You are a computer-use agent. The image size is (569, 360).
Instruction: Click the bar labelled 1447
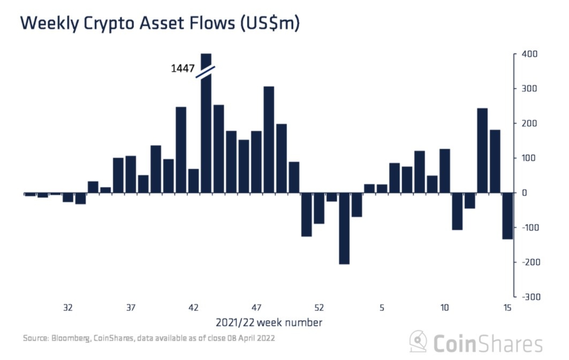click(x=206, y=134)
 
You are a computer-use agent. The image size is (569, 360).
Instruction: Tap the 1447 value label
click(x=182, y=68)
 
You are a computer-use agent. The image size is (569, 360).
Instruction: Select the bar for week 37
click(x=131, y=174)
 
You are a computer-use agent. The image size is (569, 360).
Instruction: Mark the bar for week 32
click(x=68, y=197)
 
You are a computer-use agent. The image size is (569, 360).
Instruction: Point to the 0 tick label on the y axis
click(x=525, y=193)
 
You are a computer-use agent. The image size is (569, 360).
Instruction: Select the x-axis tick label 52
click(x=319, y=308)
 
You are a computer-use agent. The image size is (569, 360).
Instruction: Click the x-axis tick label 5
click(x=382, y=308)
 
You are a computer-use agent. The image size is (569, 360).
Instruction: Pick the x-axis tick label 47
click(x=256, y=308)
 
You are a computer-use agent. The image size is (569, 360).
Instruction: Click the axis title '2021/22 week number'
click(x=269, y=323)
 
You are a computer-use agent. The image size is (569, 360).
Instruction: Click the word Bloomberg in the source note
click(x=69, y=339)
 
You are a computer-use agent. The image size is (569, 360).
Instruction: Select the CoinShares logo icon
click(x=418, y=342)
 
